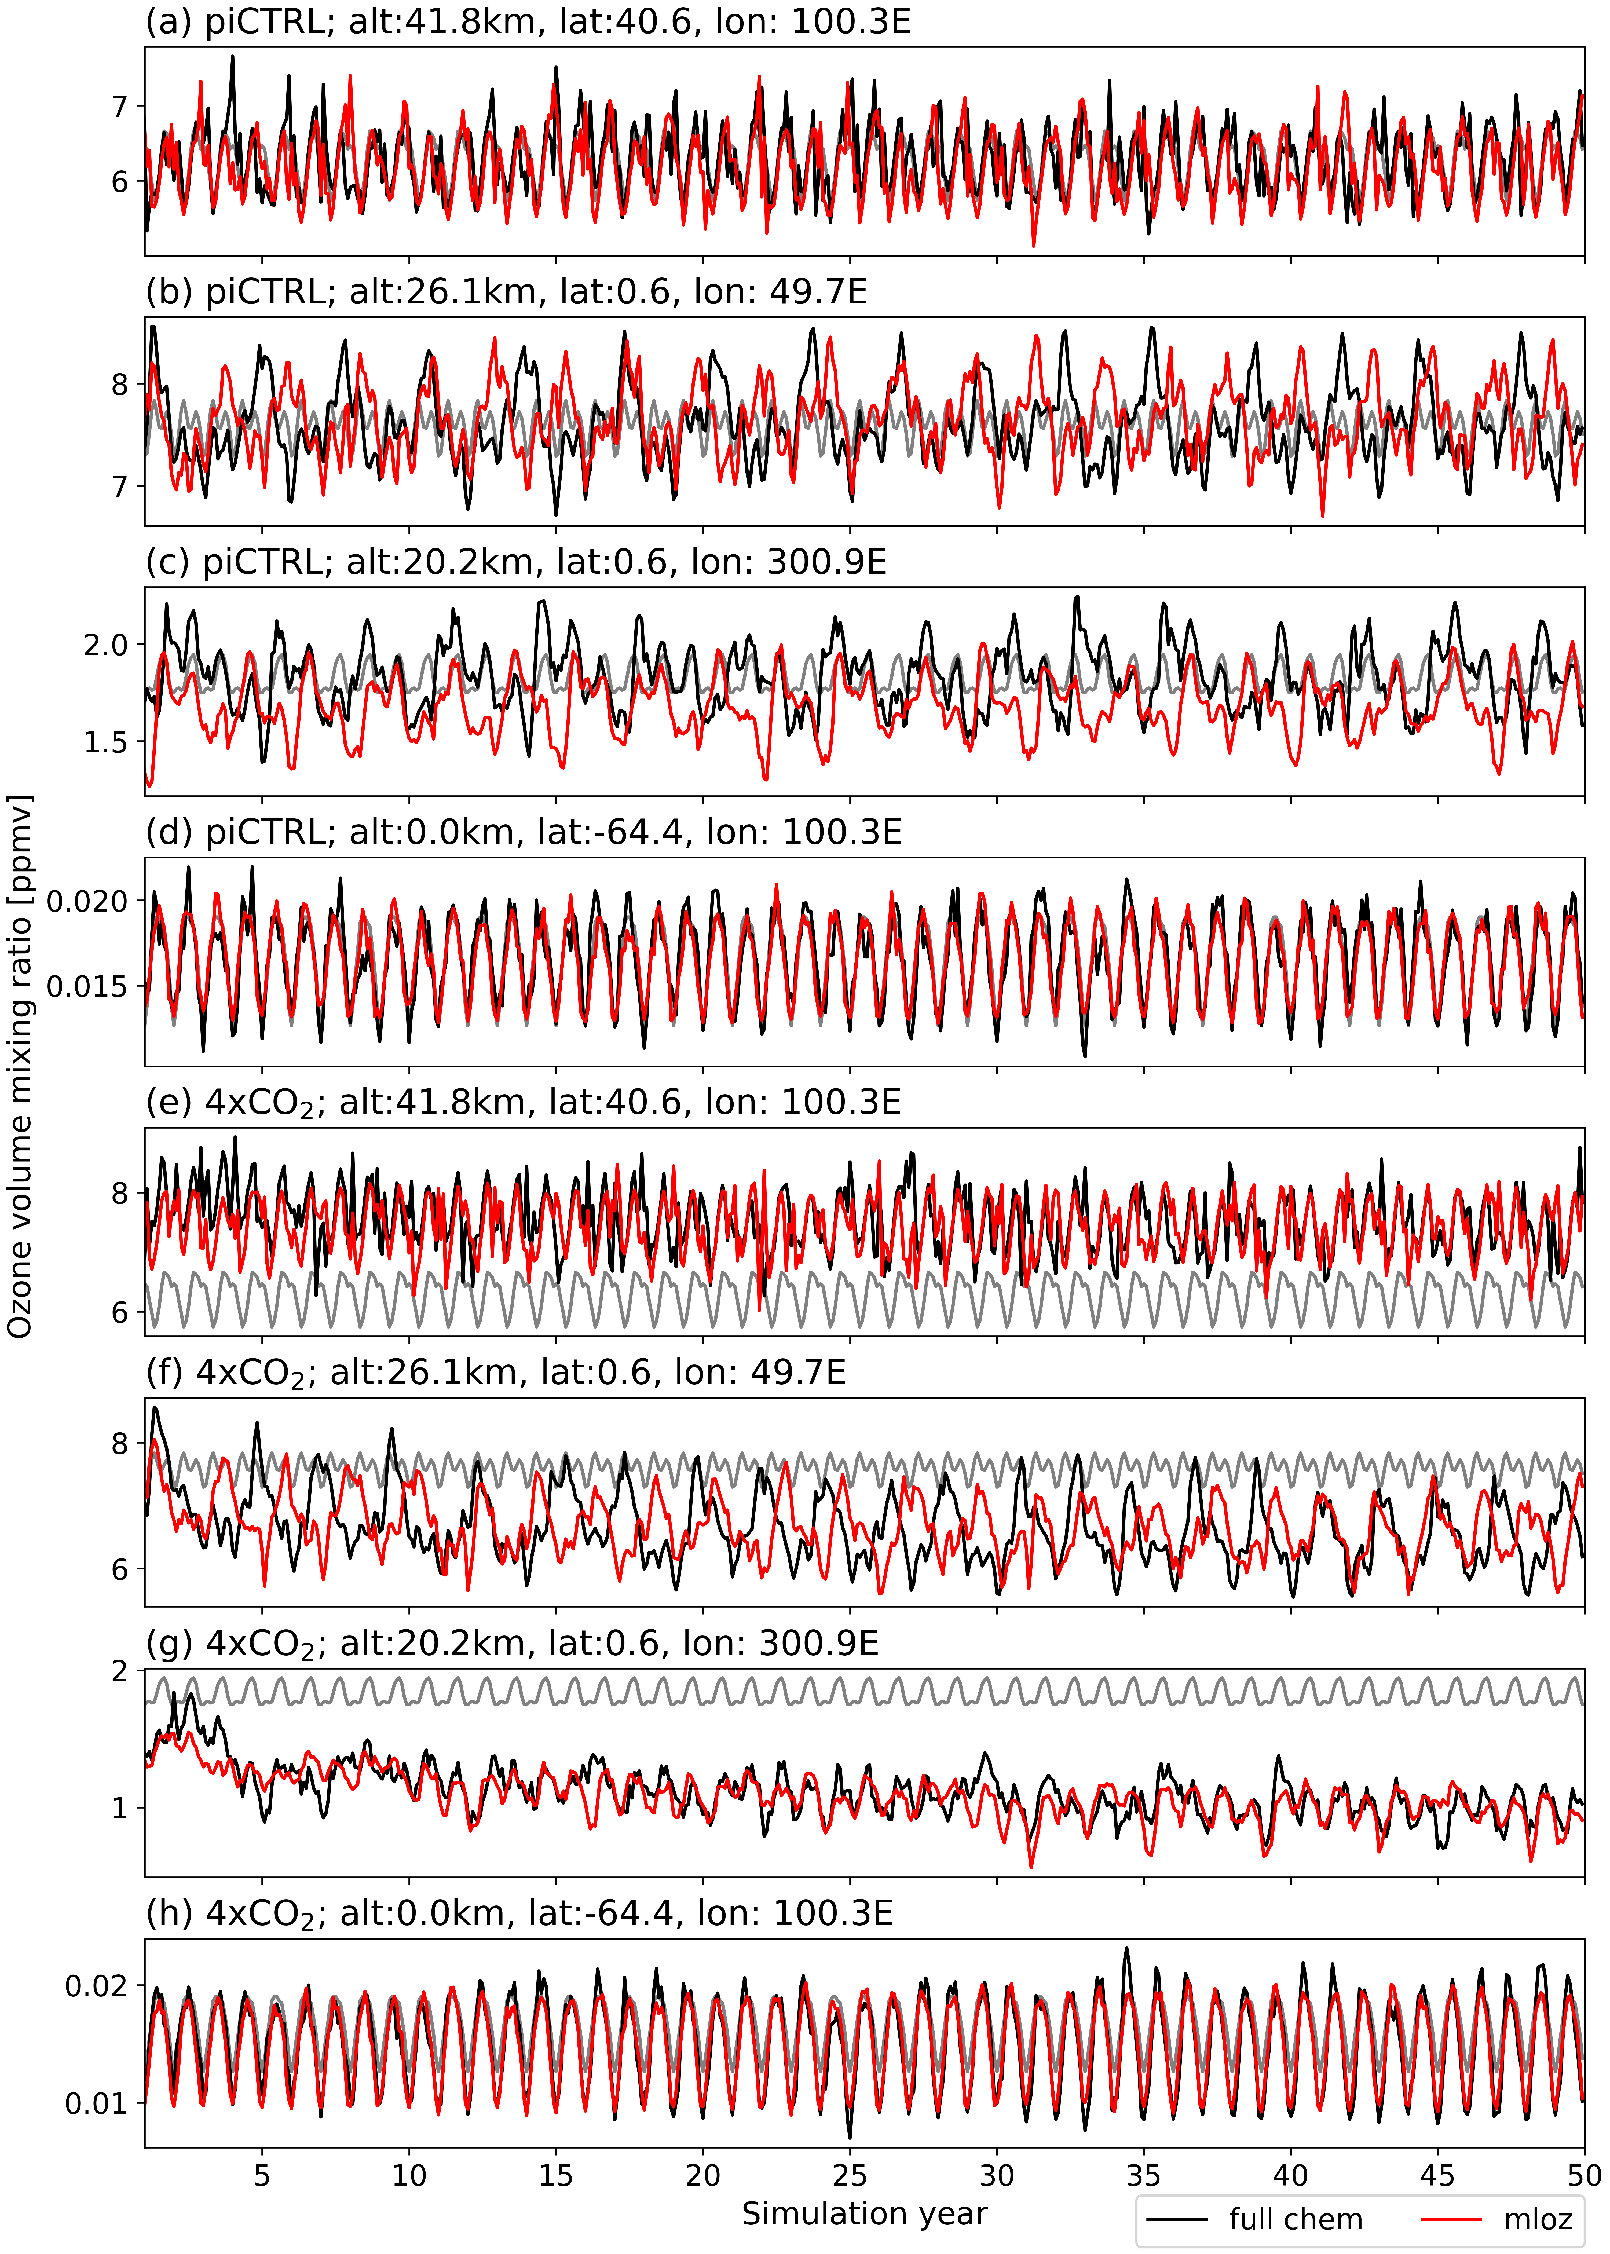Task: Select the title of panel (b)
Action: click(x=506, y=292)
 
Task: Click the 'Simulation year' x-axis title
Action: click(x=865, y=2213)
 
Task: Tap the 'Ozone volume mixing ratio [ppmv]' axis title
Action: click(x=20, y=1066)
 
